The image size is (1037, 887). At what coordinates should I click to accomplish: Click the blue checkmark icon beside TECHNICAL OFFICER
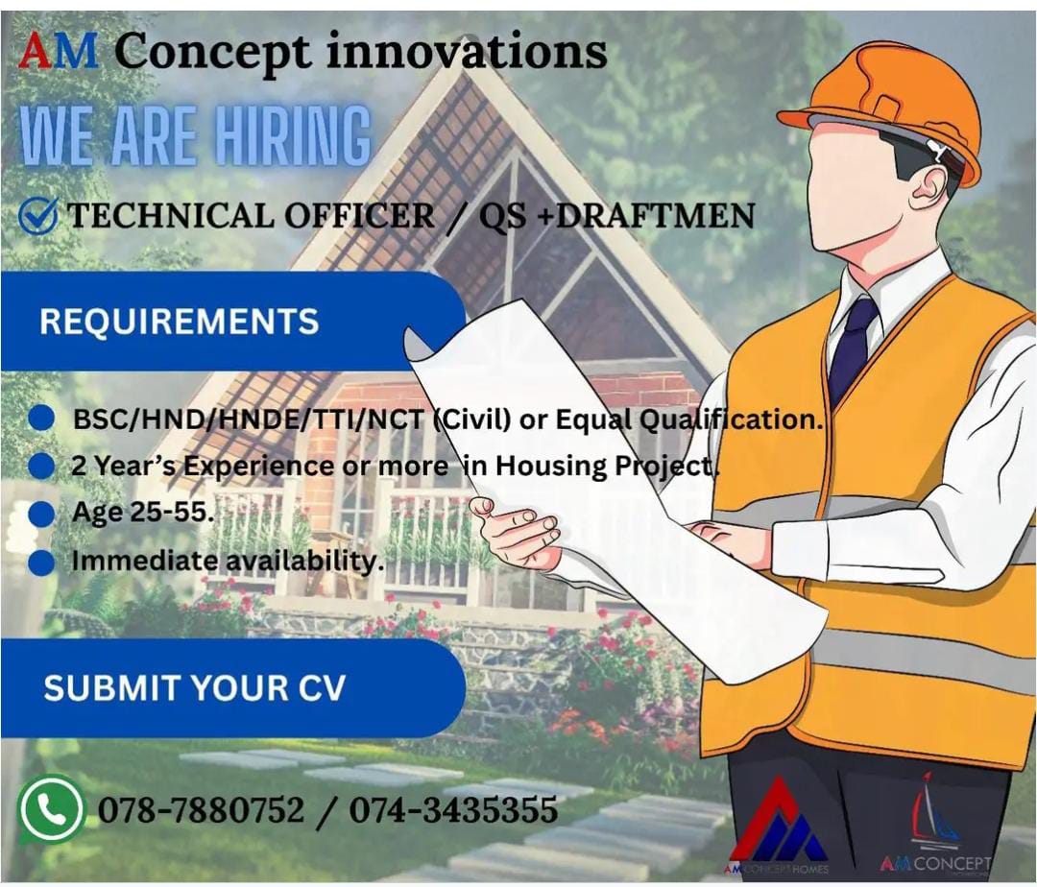point(38,215)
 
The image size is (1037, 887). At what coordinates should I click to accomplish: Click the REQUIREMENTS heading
point(179,321)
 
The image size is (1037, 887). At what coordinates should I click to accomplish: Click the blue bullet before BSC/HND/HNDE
point(42,419)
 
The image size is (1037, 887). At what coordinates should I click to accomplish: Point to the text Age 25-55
point(142,512)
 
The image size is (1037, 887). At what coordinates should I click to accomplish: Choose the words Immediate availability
point(227,561)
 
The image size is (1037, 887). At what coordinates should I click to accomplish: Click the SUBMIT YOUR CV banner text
point(194,688)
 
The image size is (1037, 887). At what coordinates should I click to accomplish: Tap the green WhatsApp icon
point(51,809)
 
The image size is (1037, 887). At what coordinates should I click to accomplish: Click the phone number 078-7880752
point(201,810)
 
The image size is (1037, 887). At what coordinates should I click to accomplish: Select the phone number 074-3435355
point(452,810)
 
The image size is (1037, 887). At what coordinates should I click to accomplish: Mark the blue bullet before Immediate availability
point(41,562)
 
